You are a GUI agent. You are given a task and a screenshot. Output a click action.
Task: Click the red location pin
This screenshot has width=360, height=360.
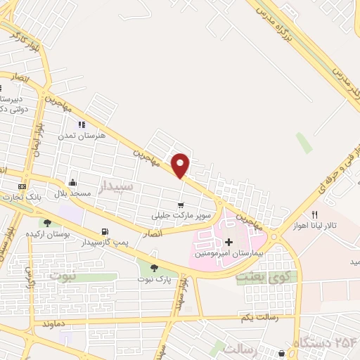181,165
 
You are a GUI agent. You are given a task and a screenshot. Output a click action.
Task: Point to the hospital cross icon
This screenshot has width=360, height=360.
228,242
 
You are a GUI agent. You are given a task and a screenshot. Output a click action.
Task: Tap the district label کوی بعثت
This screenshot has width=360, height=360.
262,277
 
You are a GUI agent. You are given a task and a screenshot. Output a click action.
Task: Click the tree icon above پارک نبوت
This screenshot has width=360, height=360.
153,267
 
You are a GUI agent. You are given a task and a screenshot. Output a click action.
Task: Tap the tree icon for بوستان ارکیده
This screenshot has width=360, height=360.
47,223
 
